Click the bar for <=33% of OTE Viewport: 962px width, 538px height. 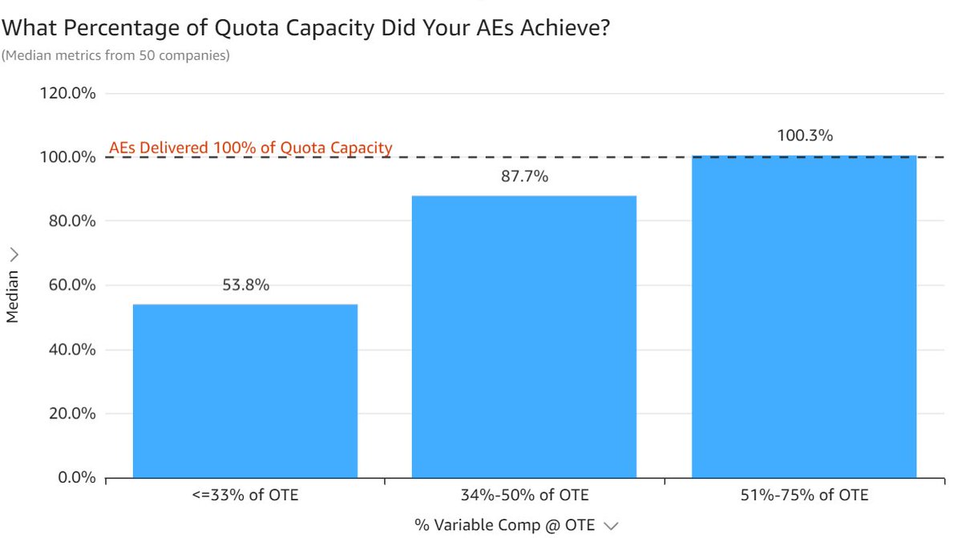click(245, 391)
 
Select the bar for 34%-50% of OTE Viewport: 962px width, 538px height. click(523, 337)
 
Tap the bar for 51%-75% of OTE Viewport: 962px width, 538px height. click(803, 317)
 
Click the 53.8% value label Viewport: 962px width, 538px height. click(245, 285)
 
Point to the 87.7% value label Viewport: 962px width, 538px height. click(523, 176)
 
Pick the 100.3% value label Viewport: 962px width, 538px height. click(804, 136)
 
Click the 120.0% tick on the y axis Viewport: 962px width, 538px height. click(67, 93)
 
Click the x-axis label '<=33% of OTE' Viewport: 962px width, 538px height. click(245, 495)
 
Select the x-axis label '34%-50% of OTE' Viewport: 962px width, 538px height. click(524, 495)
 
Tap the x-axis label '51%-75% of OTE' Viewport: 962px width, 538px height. click(804, 495)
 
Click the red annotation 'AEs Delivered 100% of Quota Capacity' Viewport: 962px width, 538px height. click(250, 148)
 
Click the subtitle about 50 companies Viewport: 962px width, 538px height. click(115, 55)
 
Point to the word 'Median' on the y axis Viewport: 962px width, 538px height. click(12, 296)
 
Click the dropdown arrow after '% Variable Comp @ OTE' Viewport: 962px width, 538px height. click(612, 526)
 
